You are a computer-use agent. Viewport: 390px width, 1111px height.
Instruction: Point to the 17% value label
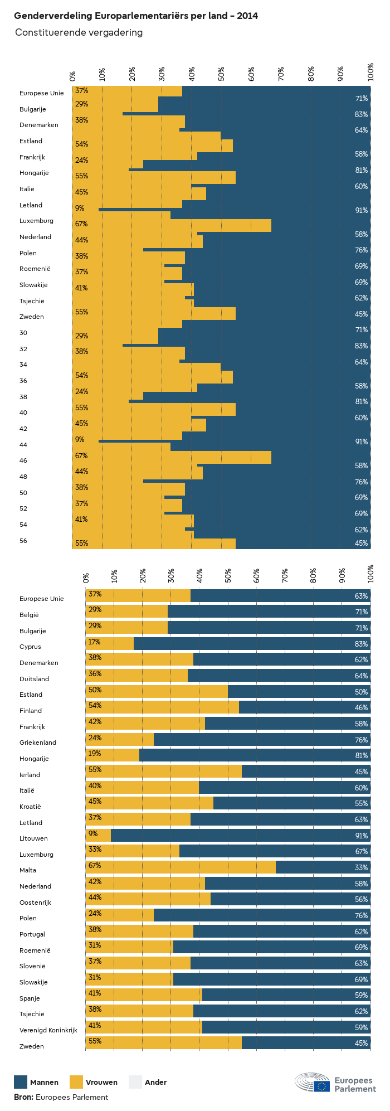click(95, 642)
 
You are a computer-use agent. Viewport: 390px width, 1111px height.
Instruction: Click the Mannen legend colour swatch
click(21, 1082)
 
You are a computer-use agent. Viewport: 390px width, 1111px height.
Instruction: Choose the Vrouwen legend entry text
click(101, 1083)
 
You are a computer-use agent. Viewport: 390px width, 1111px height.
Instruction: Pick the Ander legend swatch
click(135, 1082)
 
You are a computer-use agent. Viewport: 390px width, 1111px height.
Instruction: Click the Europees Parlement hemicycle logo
click(313, 1082)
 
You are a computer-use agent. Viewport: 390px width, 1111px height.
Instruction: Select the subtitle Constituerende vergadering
click(79, 32)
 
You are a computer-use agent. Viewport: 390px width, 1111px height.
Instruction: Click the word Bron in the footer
click(23, 1097)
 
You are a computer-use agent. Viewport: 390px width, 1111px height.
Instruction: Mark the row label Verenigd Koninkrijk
click(48, 1030)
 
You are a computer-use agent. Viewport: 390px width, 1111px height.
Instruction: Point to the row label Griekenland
click(38, 743)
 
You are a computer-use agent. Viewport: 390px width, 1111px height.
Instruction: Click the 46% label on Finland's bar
click(361, 707)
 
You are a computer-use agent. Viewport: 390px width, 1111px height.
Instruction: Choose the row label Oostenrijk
click(36, 903)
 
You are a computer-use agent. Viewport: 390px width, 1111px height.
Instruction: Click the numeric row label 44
click(23, 445)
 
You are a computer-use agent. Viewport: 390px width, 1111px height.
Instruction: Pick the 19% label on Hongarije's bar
click(95, 753)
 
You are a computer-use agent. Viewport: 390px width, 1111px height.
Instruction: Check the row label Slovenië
click(32, 966)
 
